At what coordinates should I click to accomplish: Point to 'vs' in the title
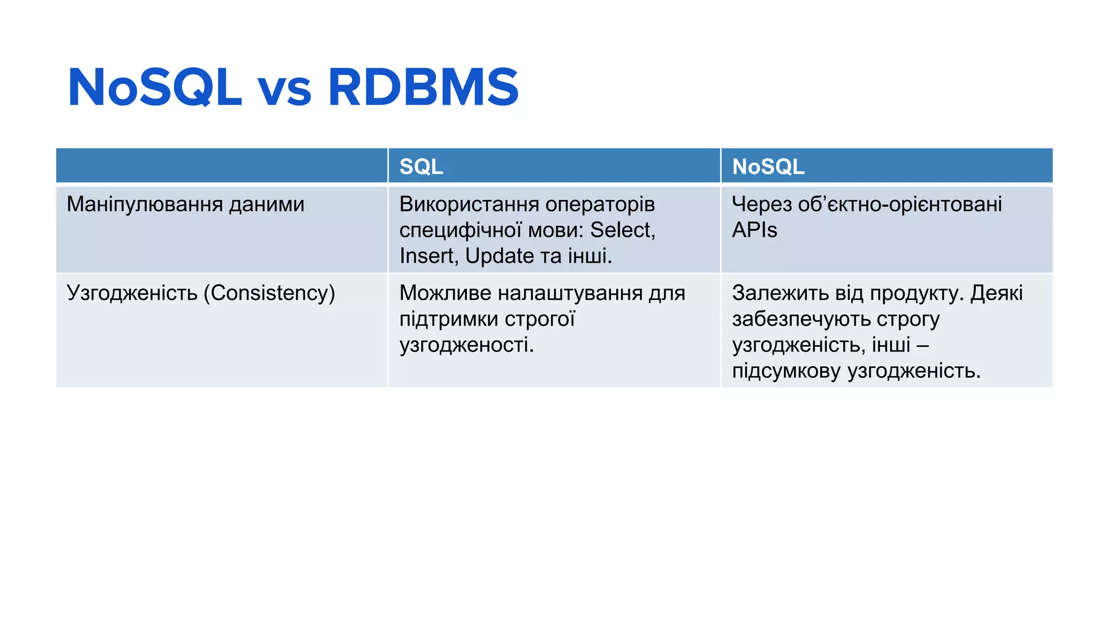tap(284, 90)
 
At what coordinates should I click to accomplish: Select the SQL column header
tap(421, 166)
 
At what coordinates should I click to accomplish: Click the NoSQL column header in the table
tap(768, 166)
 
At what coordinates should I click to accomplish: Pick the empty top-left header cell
tap(221, 165)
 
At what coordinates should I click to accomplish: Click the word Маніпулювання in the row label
tap(145, 204)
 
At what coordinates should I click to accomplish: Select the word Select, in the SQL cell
tap(623, 230)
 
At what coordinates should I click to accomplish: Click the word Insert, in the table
tap(429, 256)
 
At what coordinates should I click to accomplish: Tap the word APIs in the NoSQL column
tap(754, 230)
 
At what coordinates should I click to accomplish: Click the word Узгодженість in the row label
tap(132, 293)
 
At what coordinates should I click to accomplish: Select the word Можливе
tap(445, 293)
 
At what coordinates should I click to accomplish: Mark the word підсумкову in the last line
tap(786, 372)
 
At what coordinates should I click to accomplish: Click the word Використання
tap(469, 204)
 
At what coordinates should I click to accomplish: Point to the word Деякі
tap(996, 293)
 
